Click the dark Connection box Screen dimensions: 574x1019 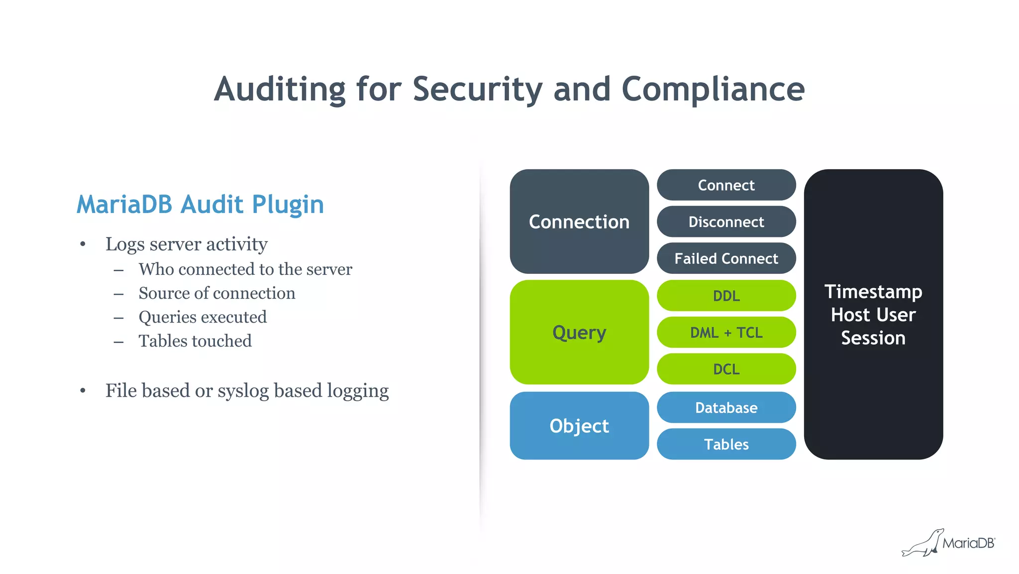click(x=579, y=222)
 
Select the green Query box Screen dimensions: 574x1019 click(x=579, y=332)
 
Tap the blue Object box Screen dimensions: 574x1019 click(x=579, y=426)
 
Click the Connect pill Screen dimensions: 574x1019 click(x=726, y=185)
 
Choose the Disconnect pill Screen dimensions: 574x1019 click(x=726, y=222)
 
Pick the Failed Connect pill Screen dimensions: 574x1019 click(x=726, y=258)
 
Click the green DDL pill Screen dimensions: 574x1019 click(x=726, y=296)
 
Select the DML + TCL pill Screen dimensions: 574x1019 click(x=726, y=332)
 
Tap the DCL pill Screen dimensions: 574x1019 click(x=726, y=369)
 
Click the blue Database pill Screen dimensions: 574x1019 click(x=726, y=408)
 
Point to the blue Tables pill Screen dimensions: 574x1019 click(x=726, y=444)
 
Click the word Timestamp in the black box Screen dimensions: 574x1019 click(x=873, y=292)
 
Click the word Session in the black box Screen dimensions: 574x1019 click(x=873, y=338)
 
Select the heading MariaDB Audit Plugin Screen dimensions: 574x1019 click(x=200, y=204)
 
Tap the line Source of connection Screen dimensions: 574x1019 click(x=216, y=293)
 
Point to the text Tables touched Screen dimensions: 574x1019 click(x=195, y=341)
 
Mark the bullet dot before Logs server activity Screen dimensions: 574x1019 click(x=83, y=244)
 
